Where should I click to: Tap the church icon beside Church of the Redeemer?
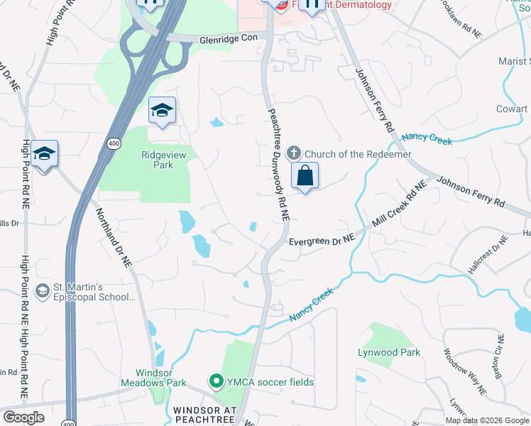[294, 153]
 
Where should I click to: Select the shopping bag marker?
[305, 177]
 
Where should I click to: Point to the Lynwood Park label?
[389, 352]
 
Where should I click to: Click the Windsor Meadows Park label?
[161, 378]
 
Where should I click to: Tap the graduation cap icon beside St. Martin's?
[43, 291]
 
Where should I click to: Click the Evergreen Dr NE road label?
[321, 241]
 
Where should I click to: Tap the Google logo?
[23, 417]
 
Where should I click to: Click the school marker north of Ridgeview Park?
[162, 111]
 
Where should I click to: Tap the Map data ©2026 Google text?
[488, 420]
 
